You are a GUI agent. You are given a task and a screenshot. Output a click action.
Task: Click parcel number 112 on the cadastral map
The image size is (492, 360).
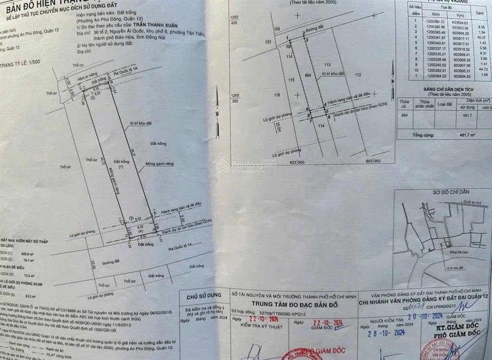pos(357,75)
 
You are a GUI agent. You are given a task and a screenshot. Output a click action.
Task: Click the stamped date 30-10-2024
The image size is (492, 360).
pos(424,316)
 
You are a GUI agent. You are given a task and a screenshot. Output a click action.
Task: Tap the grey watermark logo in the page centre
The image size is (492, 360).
pos(221,166)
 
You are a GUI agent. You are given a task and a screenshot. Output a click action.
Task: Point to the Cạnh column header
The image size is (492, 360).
pos(480,13)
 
